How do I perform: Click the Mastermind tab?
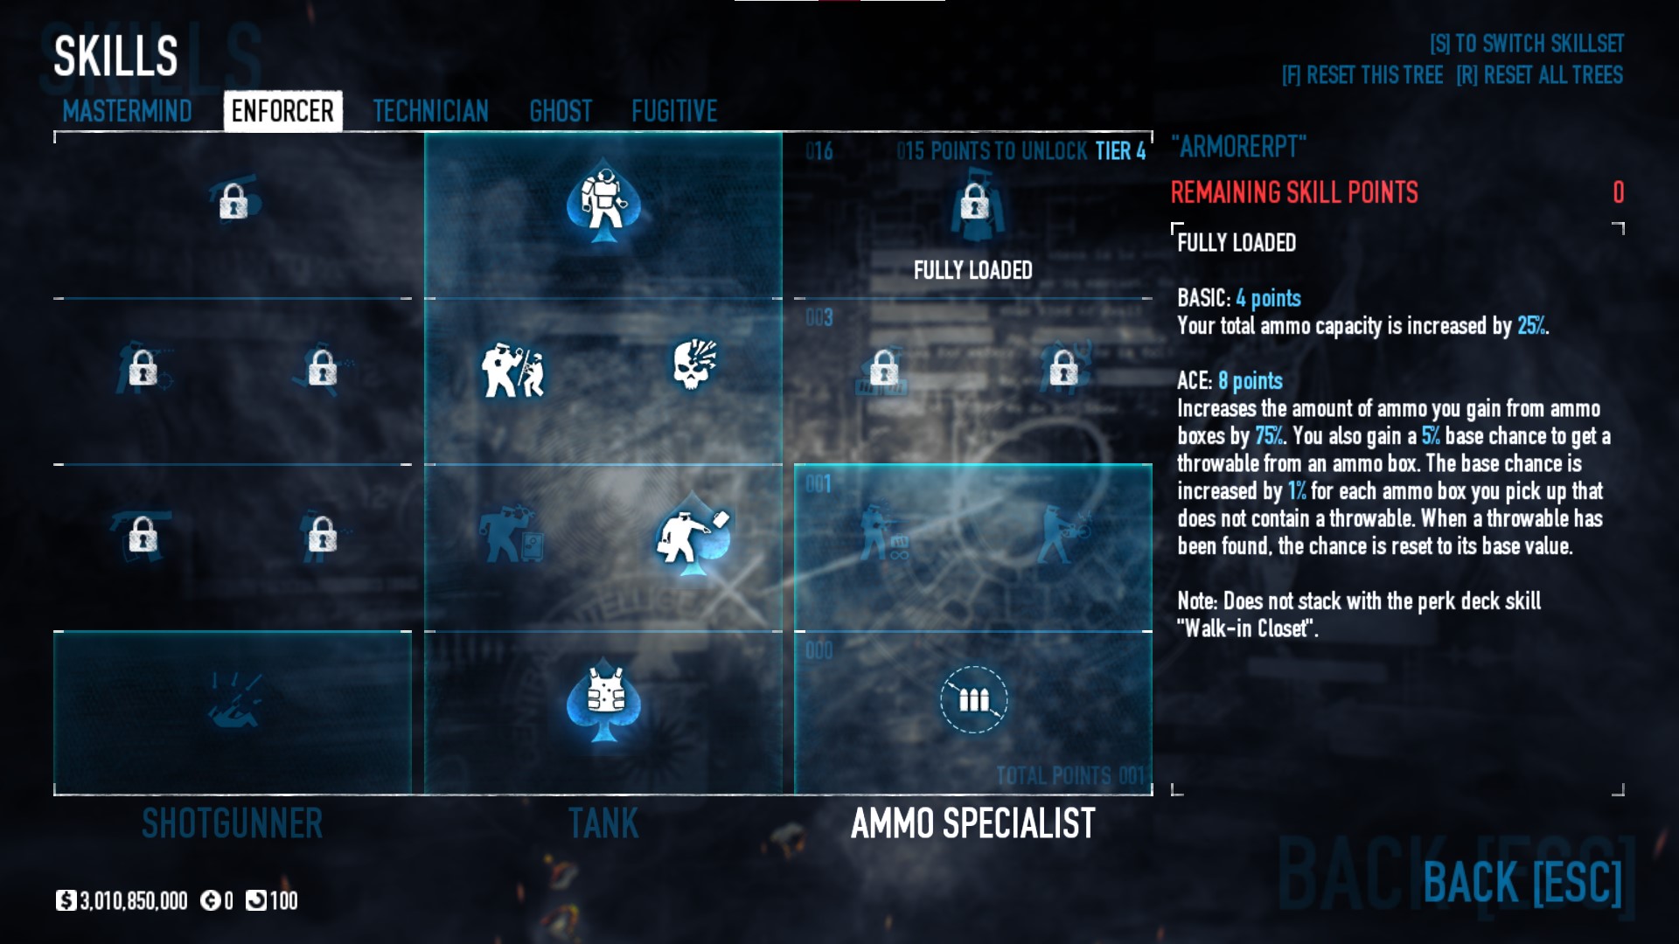pyautogui.click(x=127, y=112)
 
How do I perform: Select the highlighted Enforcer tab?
pyautogui.click(x=282, y=112)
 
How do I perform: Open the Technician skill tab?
pyautogui.click(x=430, y=112)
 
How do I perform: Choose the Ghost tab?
pyautogui.click(x=561, y=112)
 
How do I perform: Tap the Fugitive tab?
pyautogui.click(x=674, y=112)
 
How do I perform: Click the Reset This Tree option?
pyautogui.click(x=1362, y=75)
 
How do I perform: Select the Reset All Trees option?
pyautogui.click(x=1539, y=75)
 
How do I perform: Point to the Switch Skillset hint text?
pyautogui.click(x=1526, y=44)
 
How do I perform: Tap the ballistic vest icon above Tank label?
pyautogui.click(x=603, y=699)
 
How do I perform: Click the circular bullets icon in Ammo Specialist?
pyautogui.click(x=973, y=699)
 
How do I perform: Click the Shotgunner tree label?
pyautogui.click(x=232, y=823)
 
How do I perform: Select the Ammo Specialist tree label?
pyautogui.click(x=972, y=823)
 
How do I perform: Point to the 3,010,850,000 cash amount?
pyautogui.click(x=133, y=901)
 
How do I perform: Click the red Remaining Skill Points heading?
pyautogui.click(x=1294, y=192)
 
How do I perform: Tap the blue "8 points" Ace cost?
pyautogui.click(x=1251, y=381)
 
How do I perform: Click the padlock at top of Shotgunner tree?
pyautogui.click(x=233, y=204)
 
